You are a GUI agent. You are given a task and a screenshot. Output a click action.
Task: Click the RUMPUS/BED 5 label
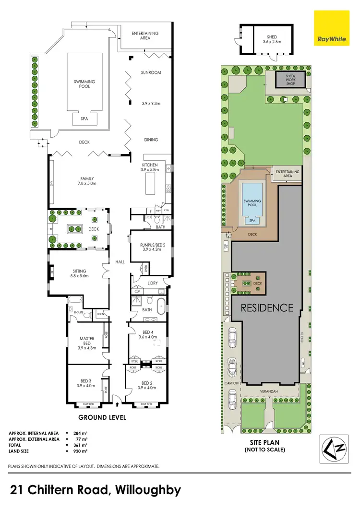pos(149,247)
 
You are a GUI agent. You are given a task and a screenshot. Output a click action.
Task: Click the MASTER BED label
pos(87,343)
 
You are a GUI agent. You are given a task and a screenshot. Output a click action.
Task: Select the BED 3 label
pos(86,383)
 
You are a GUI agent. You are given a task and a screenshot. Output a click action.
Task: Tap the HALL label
pos(119,262)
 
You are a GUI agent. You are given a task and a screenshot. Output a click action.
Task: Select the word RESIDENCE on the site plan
pos(266,308)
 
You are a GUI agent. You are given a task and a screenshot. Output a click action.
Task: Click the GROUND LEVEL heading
pos(102,418)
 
